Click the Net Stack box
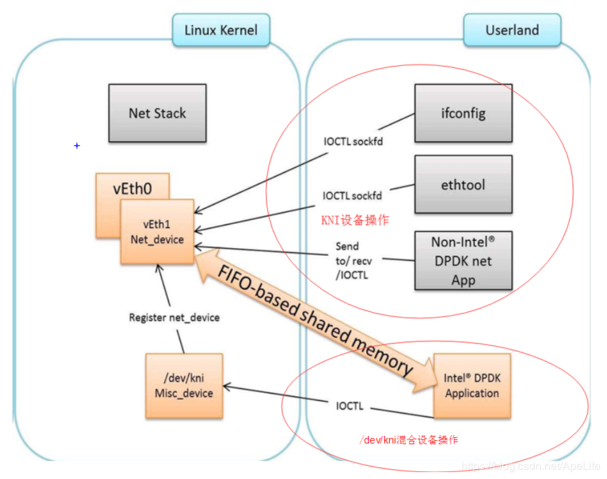point(157,113)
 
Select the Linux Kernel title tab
point(221,30)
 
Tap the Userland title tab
point(512,30)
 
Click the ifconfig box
point(463,113)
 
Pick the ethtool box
point(463,184)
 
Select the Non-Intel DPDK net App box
point(463,261)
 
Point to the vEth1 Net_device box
point(157,232)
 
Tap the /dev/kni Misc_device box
point(184,386)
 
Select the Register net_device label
point(174,318)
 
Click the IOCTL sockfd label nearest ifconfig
point(354,141)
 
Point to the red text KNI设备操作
point(354,220)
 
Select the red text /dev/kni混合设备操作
point(409,440)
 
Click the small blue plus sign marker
point(77,145)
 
